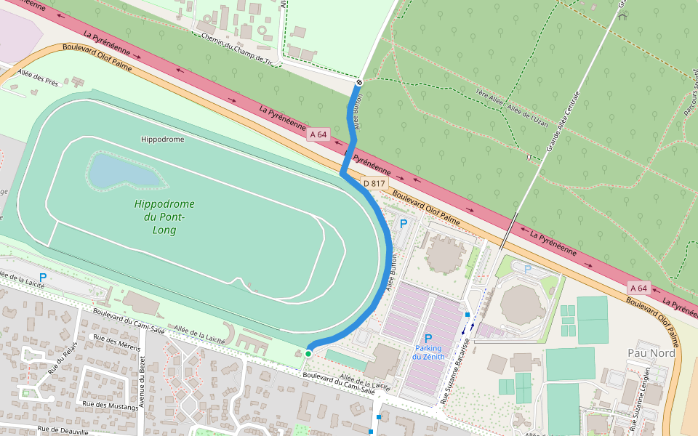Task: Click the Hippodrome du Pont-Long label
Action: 164,217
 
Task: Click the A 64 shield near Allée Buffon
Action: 318,134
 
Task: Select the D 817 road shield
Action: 374,183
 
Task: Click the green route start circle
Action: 308,353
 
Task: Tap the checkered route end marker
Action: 359,82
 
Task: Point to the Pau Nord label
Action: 651,352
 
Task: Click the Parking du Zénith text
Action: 428,352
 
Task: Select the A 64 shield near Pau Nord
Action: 638,288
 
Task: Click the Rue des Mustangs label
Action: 110,405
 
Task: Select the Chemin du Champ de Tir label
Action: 236,49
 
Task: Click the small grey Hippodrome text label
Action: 162,139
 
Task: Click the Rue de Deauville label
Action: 64,430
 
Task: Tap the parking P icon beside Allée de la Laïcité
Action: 43,277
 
